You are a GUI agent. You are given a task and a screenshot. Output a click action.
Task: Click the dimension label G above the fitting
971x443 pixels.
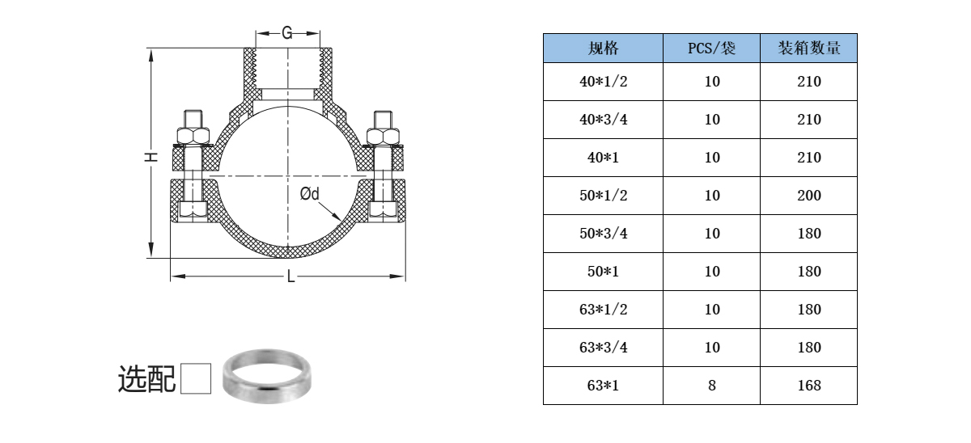pyautogui.click(x=287, y=33)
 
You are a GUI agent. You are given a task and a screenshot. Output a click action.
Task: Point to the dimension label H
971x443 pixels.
pyautogui.click(x=151, y=157)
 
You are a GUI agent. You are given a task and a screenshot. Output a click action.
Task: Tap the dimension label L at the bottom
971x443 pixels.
pyautogui.click(x=290, y=276)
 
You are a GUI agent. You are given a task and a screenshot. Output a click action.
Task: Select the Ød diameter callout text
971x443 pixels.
pyautogui.click(x=309, y=193)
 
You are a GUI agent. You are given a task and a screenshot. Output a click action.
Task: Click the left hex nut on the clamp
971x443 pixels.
pyautogui.click(x=193, y=136)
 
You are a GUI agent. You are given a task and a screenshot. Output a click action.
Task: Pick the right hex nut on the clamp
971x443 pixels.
pyautogui.click(x=383, y=136)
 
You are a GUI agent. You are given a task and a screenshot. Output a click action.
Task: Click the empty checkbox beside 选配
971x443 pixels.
pyautogui.click(x=196, y=378)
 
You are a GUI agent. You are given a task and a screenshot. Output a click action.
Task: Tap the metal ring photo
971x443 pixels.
pyautogui.click(x=267, y=376)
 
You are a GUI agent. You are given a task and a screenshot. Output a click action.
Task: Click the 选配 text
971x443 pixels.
pyautogui.click(x=146, y=379)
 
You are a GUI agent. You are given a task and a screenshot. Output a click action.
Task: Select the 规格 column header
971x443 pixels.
pyautogui.click(x=603, y=48)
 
